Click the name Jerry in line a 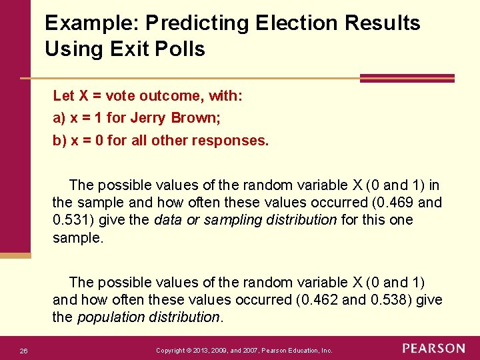point(149,118)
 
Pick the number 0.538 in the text point(391,299)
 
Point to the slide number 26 point(23,351)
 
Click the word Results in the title point(383,23)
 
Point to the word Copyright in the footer point(169,350)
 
